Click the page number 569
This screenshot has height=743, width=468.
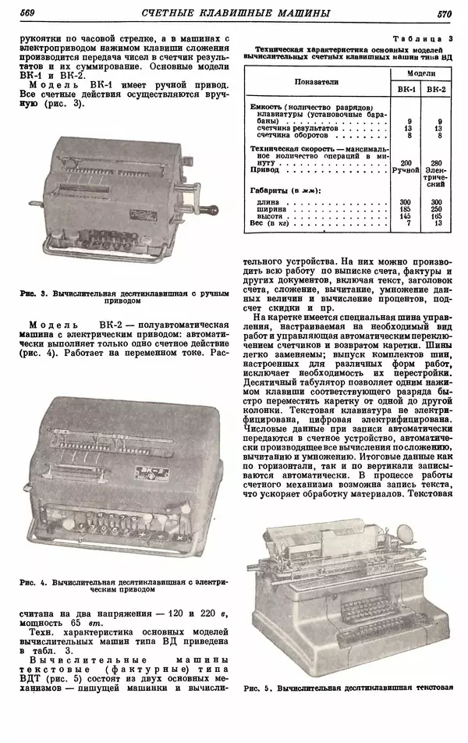coord(27,12)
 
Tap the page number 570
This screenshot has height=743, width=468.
coord(445,12)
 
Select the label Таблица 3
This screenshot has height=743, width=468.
coord(427,38)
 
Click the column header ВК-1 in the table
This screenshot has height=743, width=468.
coord(406,90)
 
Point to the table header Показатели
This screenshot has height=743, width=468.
coord(316,80)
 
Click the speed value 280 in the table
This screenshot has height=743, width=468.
coord(437,162)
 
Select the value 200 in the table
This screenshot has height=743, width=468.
coord(406,162)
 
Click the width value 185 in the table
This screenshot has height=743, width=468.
coord(406,209)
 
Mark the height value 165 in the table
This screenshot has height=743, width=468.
coord(437,216)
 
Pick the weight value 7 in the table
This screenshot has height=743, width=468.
coord(406,223)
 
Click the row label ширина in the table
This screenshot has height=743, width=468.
coord(270,209)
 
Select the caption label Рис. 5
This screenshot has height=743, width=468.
coord(257,689)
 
